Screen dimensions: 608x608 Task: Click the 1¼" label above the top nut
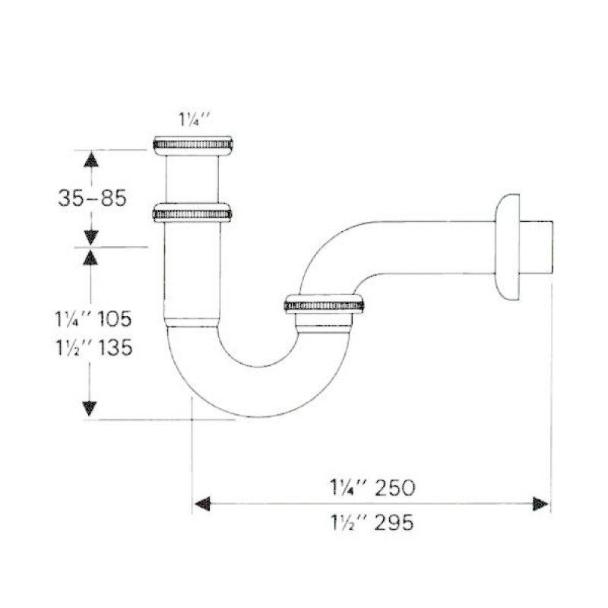[x=192, y=119]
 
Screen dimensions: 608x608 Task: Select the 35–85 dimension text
[x=91, y=198]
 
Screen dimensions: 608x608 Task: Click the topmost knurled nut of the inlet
[x=192, y=144]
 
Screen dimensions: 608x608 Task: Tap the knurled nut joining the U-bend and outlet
[x=323, y=304]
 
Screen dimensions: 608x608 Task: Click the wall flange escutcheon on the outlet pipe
[x=506, y=247]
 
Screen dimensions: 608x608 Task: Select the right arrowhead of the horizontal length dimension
[x=540, y=504]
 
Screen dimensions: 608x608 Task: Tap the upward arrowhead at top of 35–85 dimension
[x=90, y=159]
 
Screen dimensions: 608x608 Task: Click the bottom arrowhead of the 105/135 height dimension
[x=90, y=408]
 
